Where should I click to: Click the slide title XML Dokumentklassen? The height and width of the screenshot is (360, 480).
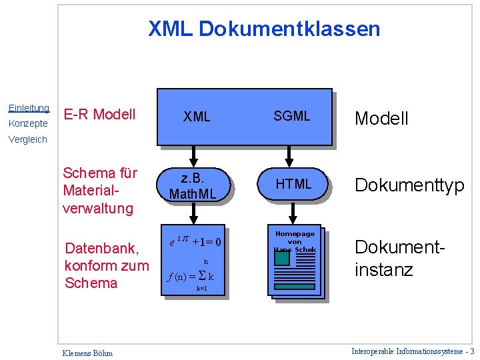(x=264, y=29)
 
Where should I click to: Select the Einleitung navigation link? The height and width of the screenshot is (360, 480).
(x=29, y=108)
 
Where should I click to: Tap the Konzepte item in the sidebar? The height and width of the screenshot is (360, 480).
(x=28, y=124)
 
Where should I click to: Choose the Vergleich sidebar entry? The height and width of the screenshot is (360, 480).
(x=28, y=139)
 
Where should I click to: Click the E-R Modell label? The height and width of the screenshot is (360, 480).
(x=99, y=114)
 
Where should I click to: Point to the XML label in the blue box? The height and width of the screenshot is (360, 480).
(x=197, y=117)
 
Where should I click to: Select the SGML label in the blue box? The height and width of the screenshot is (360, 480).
(x=292, y=116)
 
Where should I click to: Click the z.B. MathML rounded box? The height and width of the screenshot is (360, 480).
(x=193, y=186)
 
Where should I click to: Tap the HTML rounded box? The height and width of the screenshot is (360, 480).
(x=294, y=184)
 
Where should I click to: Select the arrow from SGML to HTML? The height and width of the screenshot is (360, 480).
(x=289, y=155)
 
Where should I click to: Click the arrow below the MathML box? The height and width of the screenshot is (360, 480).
(x=193, y=214)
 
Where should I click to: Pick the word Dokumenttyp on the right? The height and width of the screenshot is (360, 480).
(x=409, y=185)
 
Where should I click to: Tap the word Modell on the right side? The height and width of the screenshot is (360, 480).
(x=381, y=119)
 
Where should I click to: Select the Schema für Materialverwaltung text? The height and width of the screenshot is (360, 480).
(x=99, y=191)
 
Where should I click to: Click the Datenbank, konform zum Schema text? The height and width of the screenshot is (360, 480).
(x=102, y=265)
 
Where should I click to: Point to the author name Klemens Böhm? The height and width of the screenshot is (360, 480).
(x=87, y=353)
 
